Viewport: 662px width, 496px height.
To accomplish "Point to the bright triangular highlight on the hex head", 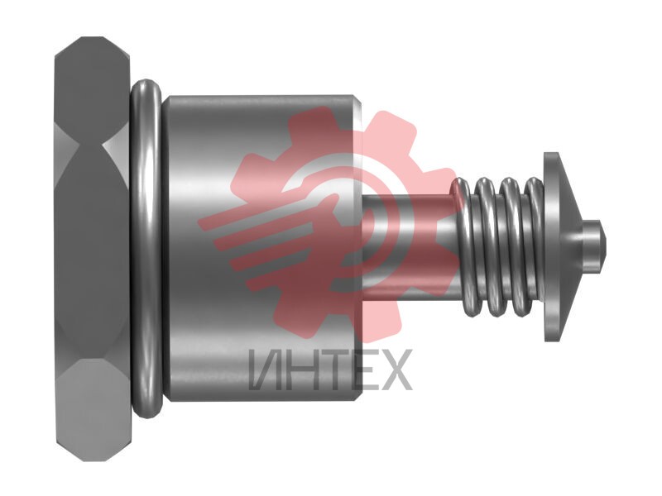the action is point(115,146).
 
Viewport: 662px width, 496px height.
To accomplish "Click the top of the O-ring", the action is point(146,86).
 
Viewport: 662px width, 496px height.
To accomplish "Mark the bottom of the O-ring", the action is point(148,411).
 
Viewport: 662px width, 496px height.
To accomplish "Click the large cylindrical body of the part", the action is point(261,249).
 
